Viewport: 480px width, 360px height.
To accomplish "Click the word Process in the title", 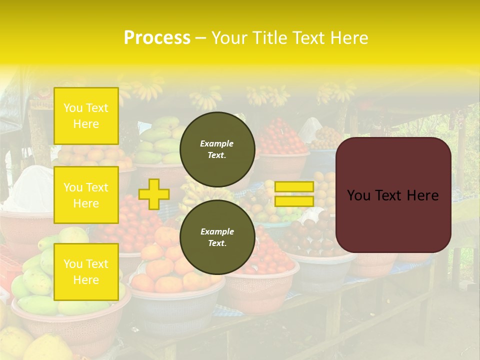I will coord(157,38).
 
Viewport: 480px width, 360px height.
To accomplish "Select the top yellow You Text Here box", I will coord(86,116).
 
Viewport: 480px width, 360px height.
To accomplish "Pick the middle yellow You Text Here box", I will coord(86,195).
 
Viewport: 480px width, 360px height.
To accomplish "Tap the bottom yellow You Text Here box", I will coord(86,272).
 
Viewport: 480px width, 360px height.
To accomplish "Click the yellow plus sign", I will coord(154,194).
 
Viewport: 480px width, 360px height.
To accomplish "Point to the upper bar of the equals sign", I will coord(294,186).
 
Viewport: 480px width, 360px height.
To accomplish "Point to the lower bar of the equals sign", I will coord(294,201).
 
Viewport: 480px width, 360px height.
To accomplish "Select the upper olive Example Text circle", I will coord(217,149).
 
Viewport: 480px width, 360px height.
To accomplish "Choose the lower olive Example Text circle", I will coord(217,237).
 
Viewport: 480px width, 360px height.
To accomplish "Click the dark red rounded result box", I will coord(393,220).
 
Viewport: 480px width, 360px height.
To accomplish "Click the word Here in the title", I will coord(350,38).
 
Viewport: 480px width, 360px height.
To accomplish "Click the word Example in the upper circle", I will coord(217,143).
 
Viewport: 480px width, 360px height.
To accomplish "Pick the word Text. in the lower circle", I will coord(217,243).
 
